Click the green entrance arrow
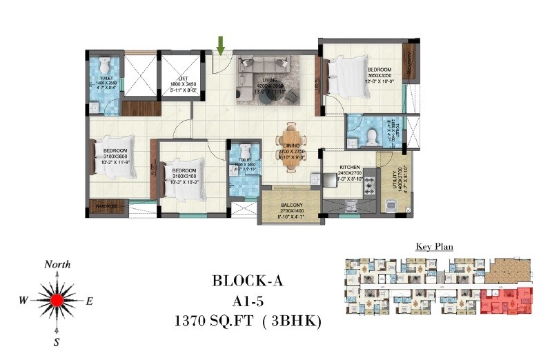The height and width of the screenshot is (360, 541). [221, 45]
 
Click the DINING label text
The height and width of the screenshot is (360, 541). [291, 146]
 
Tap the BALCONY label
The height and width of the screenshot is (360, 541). [291, 205]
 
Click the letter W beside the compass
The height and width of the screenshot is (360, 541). [23, 300]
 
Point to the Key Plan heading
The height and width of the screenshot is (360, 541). [433, 246]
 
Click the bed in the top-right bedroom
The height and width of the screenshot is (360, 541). [348, 72]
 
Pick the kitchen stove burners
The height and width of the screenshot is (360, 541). [369, 185]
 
